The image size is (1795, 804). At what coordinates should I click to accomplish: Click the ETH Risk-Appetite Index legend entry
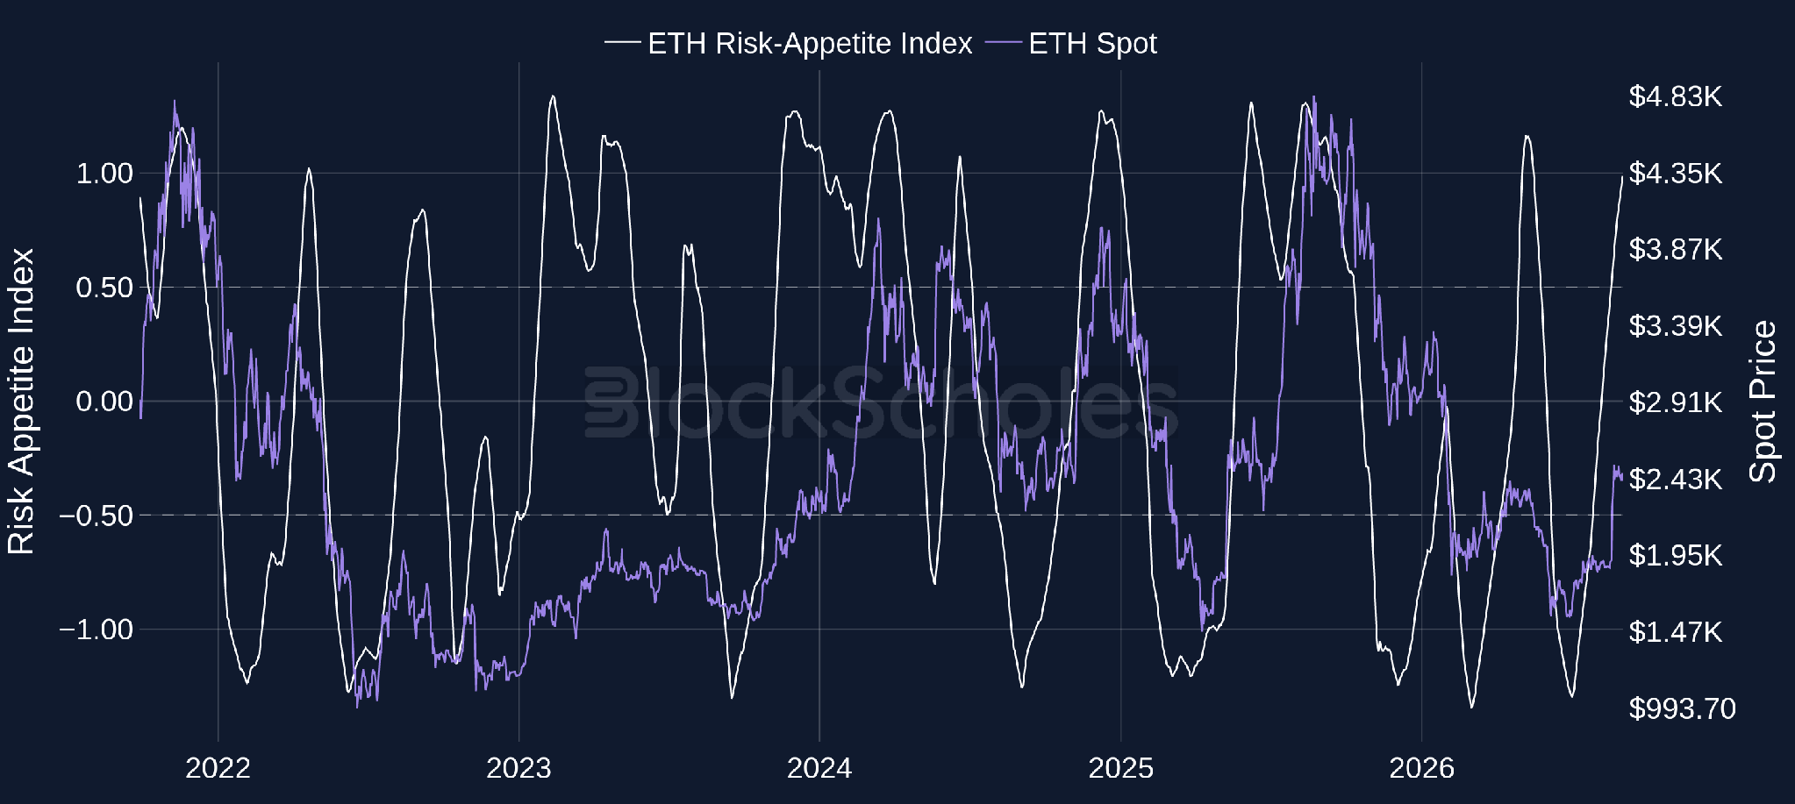[x=788, y=43]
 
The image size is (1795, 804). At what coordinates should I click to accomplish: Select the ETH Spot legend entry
[x=1071, y=43]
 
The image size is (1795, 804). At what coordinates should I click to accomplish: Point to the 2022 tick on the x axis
[x=218, y=768]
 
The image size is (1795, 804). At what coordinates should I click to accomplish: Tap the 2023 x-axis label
[x=518, y=768]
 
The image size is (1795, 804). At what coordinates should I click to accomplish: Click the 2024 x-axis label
[x=819, y=768]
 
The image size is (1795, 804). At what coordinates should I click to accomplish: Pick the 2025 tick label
[x=1121, y=768]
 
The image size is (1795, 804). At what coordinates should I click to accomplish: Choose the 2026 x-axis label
[x=1421, y=768]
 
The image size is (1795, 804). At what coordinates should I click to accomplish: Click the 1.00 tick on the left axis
[x=104, y=173]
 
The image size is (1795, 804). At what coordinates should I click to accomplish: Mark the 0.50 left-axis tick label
[x=104, y=287]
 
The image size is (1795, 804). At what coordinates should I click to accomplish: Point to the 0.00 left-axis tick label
[x=104, y=401]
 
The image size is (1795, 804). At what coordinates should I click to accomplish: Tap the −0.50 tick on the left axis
[x=96, y=515]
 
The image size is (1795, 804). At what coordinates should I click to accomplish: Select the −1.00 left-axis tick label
[x=96, y=629]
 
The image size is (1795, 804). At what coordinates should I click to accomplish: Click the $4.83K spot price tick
[x=1676, y=96]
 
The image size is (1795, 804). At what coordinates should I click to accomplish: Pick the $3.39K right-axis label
[x=1676, y=326]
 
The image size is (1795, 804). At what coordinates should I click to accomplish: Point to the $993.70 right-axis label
[x=1682, y=708]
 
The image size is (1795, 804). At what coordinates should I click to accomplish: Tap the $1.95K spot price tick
[x=1676, y=555]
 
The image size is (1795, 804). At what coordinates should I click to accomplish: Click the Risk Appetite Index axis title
[x=21, y=402]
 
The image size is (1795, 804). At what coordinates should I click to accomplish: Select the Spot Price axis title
[x=1763, y=402]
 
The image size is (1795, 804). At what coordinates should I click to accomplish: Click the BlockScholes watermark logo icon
[x=612, y=402]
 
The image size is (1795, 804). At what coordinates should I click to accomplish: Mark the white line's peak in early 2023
[x=553, y=96]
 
